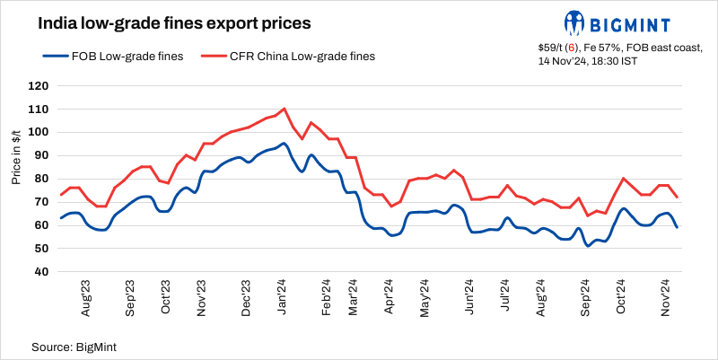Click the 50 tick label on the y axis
[x=40, y=249]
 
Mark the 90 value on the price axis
[x=40, y=155]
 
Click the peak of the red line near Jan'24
[x=285, y=109]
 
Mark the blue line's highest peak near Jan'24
[x=284, y=143]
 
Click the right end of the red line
[x=677, y=198]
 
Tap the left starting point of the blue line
[x=60, y=218]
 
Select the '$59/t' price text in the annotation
[x=552, y=46]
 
